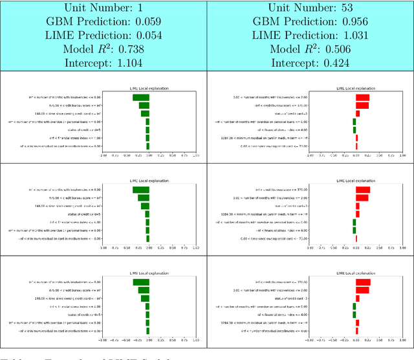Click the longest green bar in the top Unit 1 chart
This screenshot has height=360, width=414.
pos(140,97)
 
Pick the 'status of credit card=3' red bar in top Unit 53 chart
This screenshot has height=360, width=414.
pos(358,113)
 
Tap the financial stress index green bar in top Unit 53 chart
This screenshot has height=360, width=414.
pos(354,129)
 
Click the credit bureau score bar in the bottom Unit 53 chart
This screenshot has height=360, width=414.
pos(363,282)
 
